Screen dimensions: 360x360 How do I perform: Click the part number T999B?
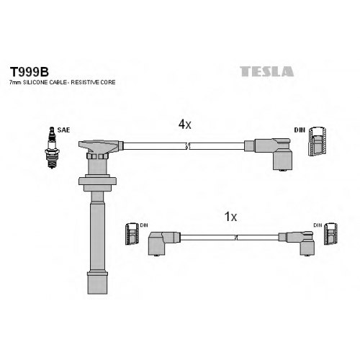click(x=29, y=72)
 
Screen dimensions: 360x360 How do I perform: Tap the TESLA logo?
click(x=266, y=71)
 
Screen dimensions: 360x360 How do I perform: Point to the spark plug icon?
click(x=52, y=148)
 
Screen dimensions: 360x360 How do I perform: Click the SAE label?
click(x=63, y=130)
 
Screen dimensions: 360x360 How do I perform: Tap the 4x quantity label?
click(x=184, y=125)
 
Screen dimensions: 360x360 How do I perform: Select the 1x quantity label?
click(x=230, y=217)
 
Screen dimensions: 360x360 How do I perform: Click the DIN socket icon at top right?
click(x=317, y=141)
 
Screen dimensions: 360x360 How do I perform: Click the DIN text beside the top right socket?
click(x=300, y=130)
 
